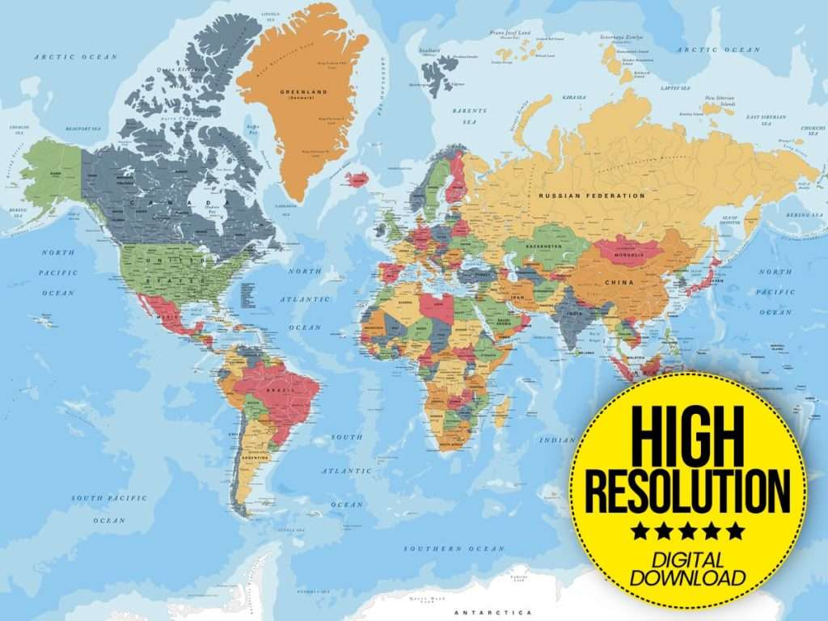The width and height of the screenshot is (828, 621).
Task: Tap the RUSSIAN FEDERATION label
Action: tap(592, 196)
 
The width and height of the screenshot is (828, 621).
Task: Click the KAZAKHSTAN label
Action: tap(544, 245)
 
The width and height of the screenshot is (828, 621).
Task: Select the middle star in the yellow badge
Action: tap(687, 531)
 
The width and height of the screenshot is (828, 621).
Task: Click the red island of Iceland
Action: tap(357, 179)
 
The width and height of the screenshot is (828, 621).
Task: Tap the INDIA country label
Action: tap(574, 314)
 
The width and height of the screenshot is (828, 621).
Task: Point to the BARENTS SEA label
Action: tap(469, 116)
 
